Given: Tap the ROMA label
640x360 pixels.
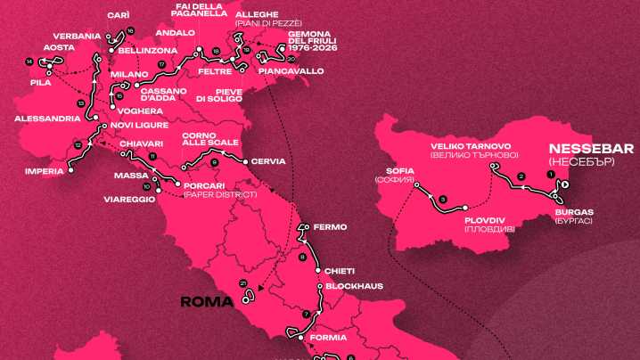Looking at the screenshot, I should (x=207, y=301).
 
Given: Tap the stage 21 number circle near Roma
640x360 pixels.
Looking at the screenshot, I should (x=242, y=282).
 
